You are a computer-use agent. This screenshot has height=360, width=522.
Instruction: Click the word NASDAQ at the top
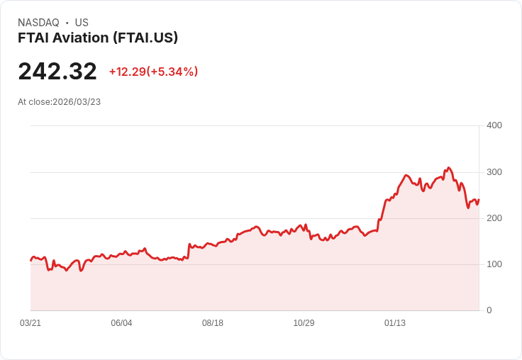click(38, 23)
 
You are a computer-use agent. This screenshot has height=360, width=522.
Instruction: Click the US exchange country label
click(82, 23)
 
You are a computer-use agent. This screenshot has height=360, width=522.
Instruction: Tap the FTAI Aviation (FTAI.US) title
click(98, 38)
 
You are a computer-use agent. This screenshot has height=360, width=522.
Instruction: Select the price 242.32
click(57, 71)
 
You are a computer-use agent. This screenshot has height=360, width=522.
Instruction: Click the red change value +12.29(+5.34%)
click(153, 72)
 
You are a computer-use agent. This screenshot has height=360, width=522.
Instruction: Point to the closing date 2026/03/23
click(77, 102)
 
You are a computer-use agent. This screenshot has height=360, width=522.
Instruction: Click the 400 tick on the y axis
click(494, 125)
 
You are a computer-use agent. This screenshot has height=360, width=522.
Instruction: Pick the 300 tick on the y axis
click(494, 172)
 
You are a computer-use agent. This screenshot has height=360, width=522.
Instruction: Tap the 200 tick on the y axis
click(494, 218)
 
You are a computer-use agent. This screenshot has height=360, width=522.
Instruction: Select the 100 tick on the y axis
click(494, 264)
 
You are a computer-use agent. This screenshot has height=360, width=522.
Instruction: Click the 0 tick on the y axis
click(489, 310)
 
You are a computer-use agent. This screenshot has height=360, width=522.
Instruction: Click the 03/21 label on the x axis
click(30, 323)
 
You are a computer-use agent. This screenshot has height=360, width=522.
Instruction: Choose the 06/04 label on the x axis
click(121, 323)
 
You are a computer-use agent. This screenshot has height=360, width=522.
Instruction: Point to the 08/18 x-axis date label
click(213, 323)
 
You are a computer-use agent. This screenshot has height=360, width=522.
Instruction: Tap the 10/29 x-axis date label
click(304, 323)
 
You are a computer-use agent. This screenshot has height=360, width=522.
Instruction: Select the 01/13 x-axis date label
click(395, 323)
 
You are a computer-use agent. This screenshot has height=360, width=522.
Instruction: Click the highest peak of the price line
click(448, 168)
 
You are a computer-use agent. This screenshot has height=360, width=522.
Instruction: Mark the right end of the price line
click(479, 200)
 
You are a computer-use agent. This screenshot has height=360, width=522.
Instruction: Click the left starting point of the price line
click(30, 261)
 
